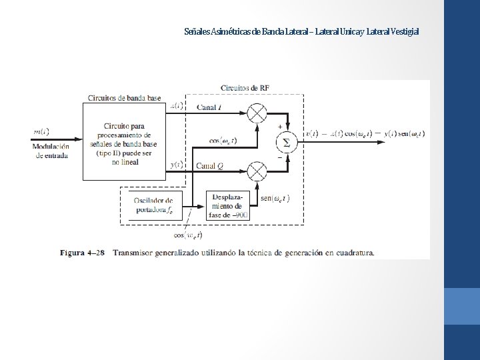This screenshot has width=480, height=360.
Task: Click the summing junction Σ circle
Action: (287, 142)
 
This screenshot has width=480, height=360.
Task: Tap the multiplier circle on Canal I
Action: (257, 113)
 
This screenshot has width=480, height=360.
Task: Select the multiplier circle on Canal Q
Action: (257, 172)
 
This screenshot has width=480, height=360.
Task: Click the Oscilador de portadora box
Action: (153, 205)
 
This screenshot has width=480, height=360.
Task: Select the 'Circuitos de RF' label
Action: (245, 88)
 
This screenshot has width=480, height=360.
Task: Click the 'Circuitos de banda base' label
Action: (124, 99)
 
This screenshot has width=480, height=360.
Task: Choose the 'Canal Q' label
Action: (209, 165)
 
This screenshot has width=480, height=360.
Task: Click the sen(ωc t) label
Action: (275, 198)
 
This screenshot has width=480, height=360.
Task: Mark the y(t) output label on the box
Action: (177, 165)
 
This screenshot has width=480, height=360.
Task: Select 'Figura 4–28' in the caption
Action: (82, 253)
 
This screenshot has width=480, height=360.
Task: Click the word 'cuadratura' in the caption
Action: (353, 253)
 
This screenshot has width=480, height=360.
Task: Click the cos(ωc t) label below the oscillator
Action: (188, 235)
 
